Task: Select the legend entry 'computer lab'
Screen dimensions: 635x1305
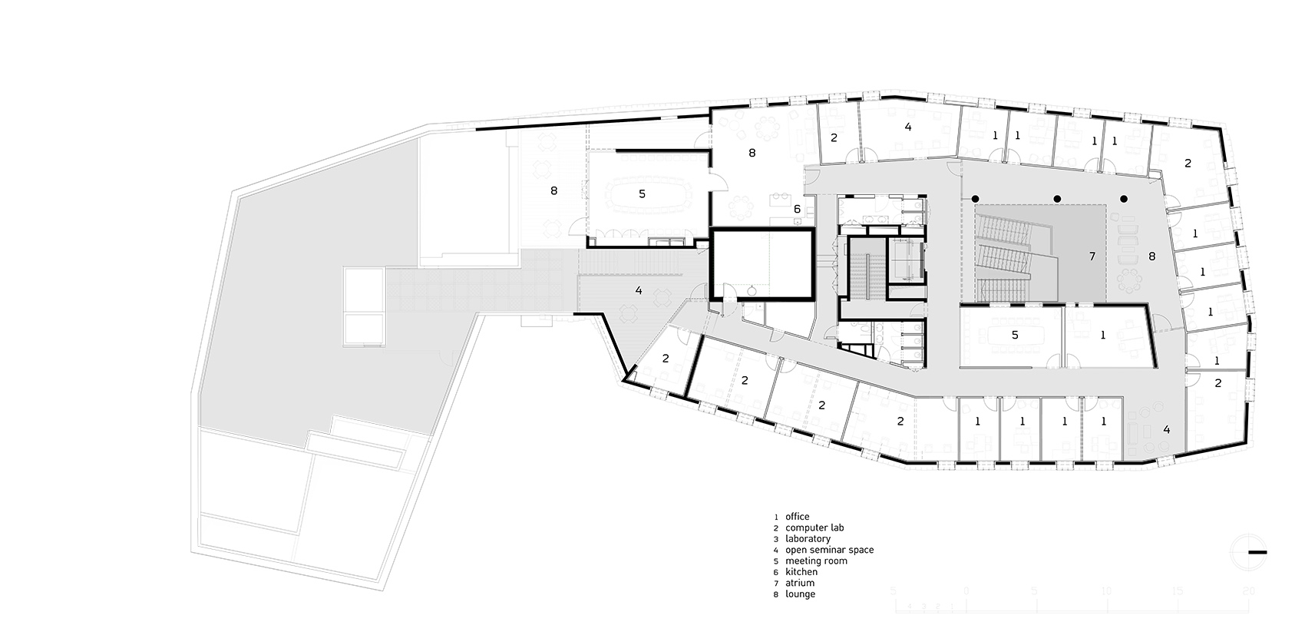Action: (814, 528)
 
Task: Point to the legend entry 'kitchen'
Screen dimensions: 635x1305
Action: (801, 572)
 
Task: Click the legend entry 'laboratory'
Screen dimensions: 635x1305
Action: (808, 539)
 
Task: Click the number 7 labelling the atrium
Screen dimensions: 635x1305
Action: (1092, 256)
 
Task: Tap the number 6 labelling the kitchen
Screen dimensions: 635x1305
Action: (797, 209)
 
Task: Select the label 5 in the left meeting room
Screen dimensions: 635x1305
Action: (642, 194)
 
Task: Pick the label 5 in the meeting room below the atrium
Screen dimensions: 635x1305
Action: (1015, 335)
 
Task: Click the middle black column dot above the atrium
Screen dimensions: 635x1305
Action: (1057, 200)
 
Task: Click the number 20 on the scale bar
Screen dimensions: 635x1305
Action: (1249, 591)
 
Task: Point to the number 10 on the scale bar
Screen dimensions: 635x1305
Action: (1106, 591)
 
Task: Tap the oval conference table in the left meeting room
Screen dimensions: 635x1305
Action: (642, 195)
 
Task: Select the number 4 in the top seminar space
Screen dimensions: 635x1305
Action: (908, 127)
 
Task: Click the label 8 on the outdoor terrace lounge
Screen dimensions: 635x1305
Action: (553, 190)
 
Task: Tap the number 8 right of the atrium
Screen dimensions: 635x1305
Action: (1151, 256)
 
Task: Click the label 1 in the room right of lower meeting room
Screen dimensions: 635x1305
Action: (1103, 335)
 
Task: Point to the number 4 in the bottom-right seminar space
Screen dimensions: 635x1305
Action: (1166, 429)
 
